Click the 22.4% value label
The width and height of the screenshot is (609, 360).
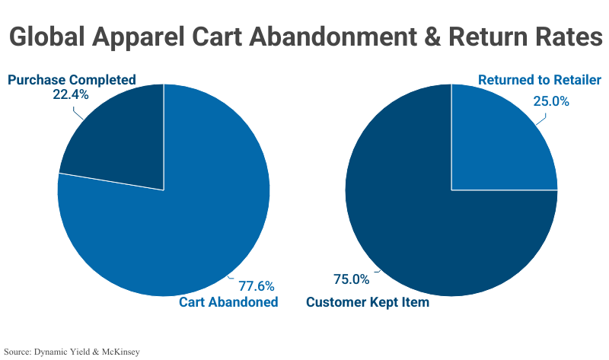(x=71, y=95)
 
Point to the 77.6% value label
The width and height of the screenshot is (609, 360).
(x=257, y=286)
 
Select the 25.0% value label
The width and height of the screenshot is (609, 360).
(x=550, y=100)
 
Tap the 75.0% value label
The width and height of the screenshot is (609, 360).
(x=351, y=279)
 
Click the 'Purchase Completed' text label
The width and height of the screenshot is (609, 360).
(x=72, y=80)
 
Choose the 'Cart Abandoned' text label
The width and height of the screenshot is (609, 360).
(x=228, y=302)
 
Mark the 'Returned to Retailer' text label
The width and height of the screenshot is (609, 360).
(x=539, y=80)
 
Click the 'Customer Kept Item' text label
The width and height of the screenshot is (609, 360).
(x=368, y=302)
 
